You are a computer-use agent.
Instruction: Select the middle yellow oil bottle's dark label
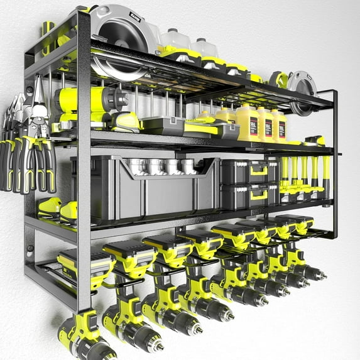[266, 126]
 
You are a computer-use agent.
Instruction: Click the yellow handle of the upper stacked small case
[259, 170]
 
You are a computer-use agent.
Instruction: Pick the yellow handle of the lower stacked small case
[259, 195]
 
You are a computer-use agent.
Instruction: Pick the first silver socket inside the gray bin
[134, 166]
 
